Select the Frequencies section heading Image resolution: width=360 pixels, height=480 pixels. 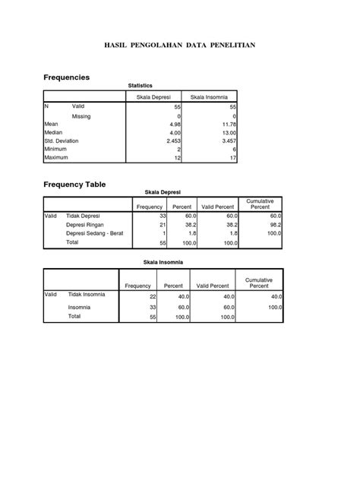66,77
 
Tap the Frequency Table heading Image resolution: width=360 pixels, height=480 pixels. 74,185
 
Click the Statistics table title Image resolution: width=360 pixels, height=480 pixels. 141,87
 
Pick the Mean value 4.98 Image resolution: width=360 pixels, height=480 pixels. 175,124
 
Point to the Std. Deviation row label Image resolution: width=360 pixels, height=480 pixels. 62,141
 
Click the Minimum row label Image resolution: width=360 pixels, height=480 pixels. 56,149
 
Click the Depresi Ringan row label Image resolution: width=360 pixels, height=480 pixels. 85,225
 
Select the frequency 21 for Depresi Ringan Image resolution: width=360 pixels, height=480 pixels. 162,226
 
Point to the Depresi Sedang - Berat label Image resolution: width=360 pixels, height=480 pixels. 96,234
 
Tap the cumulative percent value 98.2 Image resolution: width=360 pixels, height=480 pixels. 274,226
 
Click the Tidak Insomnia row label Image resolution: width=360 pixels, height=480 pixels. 87,295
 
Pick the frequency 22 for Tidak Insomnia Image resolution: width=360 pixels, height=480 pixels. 151,296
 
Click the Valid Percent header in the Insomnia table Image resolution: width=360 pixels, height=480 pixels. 212,286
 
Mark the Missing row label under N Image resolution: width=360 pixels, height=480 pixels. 81,116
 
